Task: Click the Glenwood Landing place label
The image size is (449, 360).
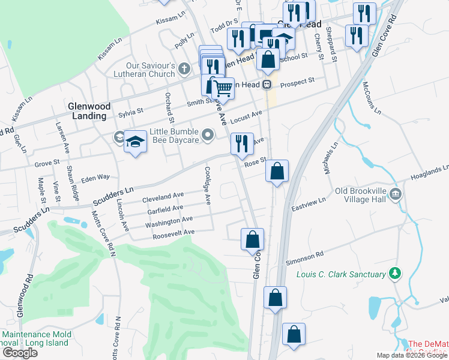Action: pyautogui.click(x=89, y=111)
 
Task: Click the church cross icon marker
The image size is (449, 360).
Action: pyautogui.click(x=185, y=70)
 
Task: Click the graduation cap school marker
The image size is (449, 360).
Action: pyautogui.click(x=136, y=143)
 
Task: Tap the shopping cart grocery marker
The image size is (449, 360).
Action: pyautogui.click(x=223, y=89)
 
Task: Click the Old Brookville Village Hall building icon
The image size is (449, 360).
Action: pyautogui.click(x=396, y=193)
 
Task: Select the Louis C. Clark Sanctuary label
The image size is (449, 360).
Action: pyautogui.click(x=340, y=275)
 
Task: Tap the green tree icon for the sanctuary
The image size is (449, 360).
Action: pyautogui.click(x=394, y=274)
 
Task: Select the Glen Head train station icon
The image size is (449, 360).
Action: pyautogui.click(x=266, y=85)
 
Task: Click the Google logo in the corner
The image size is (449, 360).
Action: pyautogui.click(x=20, y=352)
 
